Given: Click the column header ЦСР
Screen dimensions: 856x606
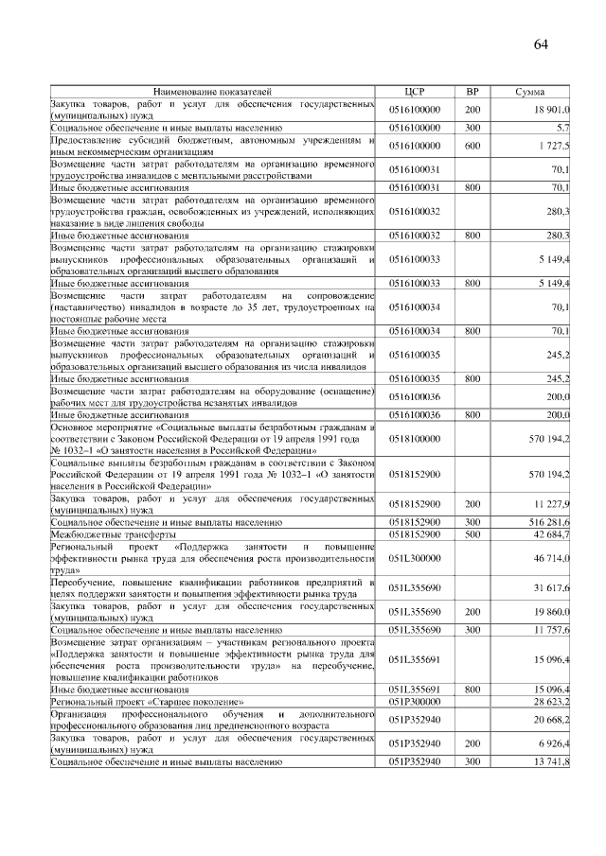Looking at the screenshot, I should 415,92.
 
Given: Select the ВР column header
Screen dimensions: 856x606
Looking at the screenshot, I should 472,92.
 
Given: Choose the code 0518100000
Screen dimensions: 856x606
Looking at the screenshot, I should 415,439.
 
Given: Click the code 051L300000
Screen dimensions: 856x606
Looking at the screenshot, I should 415,559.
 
